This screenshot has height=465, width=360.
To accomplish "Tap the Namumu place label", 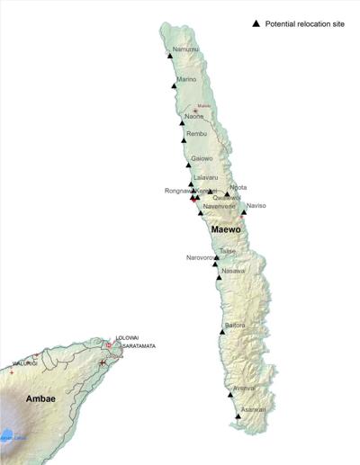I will coord(185,49).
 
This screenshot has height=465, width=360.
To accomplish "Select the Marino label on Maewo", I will coord(186,80).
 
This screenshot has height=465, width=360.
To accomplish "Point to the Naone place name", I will coord(194,117).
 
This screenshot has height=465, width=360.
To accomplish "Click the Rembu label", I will coord(196,135).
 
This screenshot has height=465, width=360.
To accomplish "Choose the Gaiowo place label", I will coord(202,159).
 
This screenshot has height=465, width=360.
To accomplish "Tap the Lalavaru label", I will coord(205,178).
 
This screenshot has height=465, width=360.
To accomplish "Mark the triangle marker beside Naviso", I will coord(243,213).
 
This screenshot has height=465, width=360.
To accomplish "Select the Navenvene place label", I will coord(219,206).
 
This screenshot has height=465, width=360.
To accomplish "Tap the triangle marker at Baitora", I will coord(222,333).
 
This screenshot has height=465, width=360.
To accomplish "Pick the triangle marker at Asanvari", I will coord(238,416).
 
